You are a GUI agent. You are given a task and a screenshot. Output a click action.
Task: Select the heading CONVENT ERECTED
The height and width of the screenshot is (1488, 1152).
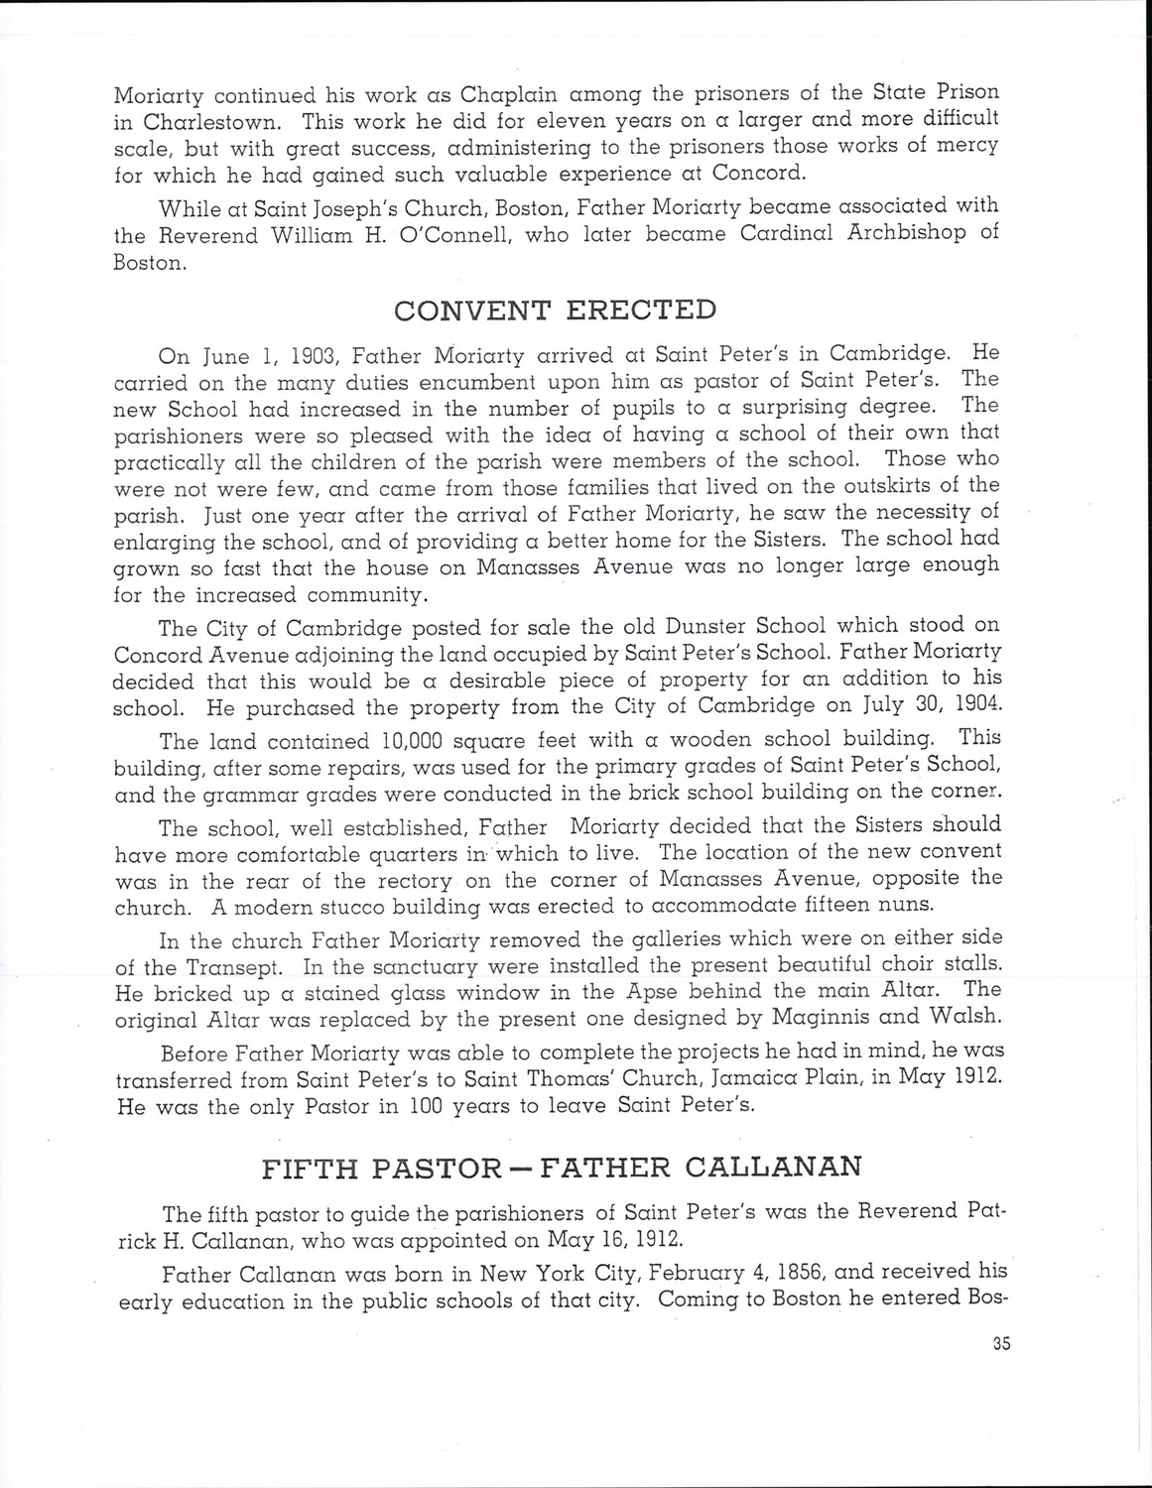[555, 310]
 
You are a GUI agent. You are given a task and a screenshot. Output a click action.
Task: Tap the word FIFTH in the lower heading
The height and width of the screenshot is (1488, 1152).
[311, 1167]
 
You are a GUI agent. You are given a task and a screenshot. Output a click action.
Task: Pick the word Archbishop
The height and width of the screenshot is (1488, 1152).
[901, 233]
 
